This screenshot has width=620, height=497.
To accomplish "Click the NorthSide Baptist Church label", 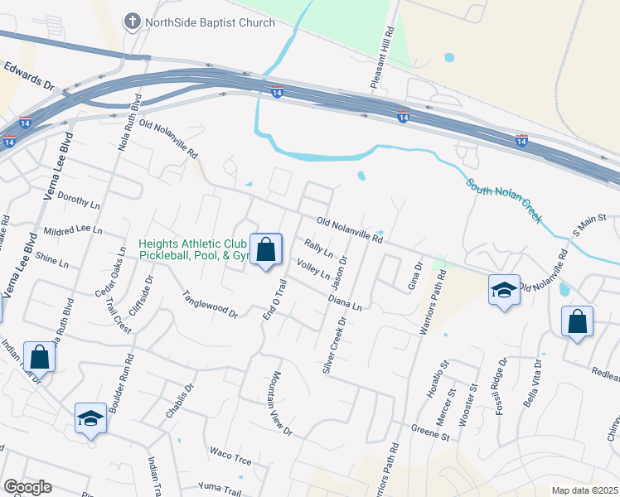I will click(x=210, y=22).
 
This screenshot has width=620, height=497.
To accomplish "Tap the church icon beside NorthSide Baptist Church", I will click(x=132, y=22).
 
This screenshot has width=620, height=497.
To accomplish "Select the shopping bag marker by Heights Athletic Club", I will click(x=266, y=249).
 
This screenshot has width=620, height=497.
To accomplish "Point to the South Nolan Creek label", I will click(x=504, y=201).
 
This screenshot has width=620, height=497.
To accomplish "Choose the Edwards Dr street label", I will click(x=27, y=74).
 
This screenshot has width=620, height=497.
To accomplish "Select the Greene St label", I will click(x=430, y=431).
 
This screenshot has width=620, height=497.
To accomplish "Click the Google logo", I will click(x=27, y=487).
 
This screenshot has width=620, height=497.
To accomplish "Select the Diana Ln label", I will click(x=345, y=301).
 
